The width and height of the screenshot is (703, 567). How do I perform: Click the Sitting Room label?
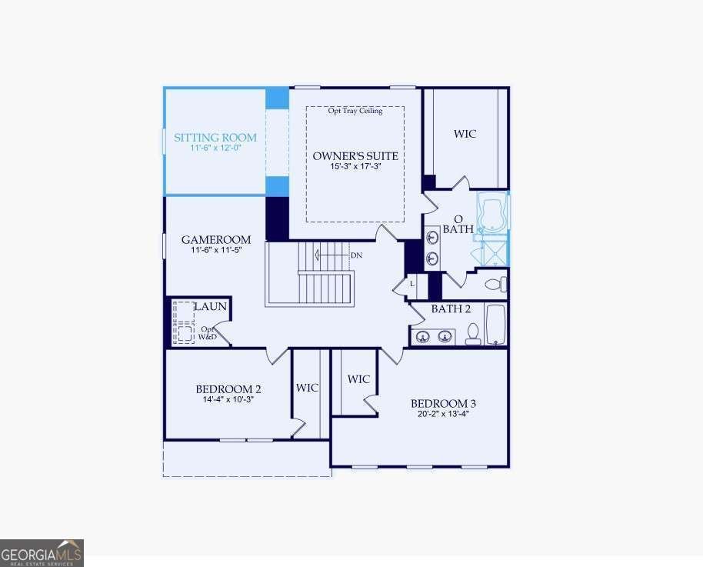click(x=215, y=137)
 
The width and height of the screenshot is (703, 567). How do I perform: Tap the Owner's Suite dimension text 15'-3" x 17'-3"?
click(x=355, y=166)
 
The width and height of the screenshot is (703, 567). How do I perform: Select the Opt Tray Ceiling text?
click(x=355, y=111)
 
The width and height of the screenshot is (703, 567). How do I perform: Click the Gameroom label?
click(x=216, y=239)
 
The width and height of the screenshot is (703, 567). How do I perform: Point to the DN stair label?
click(x=356, y=255)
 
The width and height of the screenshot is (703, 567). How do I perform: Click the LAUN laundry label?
click(x=211, y=307)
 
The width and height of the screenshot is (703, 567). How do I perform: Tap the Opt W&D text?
click(x=208, y=333)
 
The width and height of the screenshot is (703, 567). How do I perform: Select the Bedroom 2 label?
click(x=228, y=389)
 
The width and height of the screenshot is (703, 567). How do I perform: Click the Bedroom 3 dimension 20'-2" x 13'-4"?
click(x=443, y=414)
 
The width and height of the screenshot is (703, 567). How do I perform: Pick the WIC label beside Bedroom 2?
click(x=307, y=388)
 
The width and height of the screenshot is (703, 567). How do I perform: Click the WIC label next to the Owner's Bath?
click(x=465, y=134)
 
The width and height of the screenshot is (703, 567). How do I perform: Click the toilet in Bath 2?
click(x=473, y=334)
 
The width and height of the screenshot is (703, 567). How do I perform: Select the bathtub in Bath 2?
click(x=496, y=325)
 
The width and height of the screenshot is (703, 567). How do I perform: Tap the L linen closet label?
click(x=412, y=285)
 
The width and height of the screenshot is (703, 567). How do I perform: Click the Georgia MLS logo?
click(x=42, y=553)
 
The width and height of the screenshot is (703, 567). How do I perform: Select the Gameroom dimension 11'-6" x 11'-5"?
click(x=217, y=250)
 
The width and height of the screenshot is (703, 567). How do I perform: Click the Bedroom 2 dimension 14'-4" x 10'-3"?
click(x=228, y=400)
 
